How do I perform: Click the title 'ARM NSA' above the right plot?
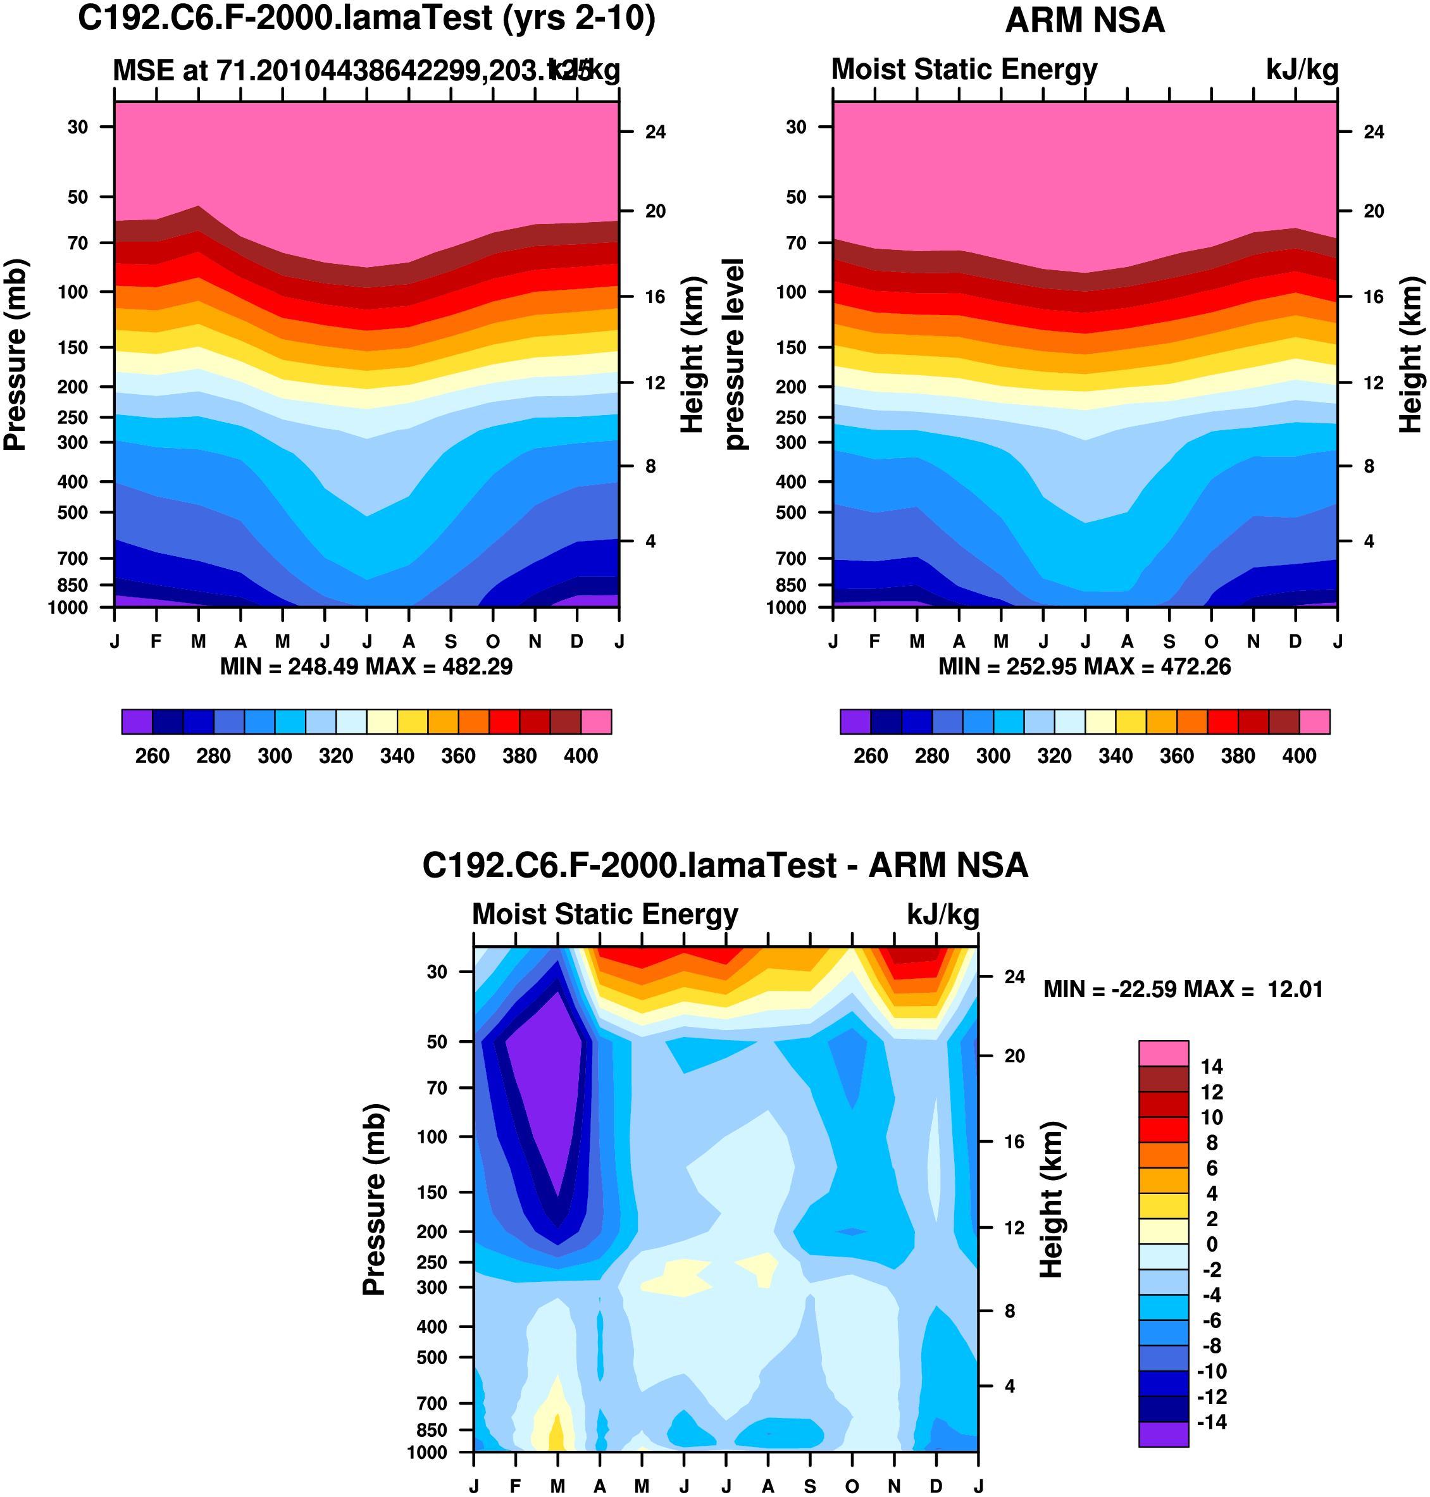[x=1085, y=21]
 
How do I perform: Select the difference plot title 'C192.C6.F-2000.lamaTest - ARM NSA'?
[x=725, y=866]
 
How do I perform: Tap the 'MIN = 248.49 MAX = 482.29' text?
[x=366, y=667]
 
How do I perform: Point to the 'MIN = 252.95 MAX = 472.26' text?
[x=1084, y=667]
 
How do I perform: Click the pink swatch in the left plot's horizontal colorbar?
[x=596, y=721]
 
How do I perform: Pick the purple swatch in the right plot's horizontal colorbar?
[x=855, y=721]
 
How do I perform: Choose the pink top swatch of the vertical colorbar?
[x=1163, y=1053]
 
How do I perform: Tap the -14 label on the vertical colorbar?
[x=1212, y=1422]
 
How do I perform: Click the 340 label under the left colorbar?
[x=397, y=756]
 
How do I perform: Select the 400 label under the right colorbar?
[x=1299, y=756]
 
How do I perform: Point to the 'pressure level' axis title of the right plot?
[x=734, y=354]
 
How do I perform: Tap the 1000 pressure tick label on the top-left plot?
[x=68, y=607]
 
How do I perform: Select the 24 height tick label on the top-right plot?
[x=1374, y=132]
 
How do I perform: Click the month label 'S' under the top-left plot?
[x=451, y=642]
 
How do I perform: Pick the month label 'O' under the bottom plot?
[x=852, y=1486]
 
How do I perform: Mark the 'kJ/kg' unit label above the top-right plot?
[x=1302, y=70]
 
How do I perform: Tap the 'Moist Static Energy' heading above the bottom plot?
[x=606, y=914]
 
